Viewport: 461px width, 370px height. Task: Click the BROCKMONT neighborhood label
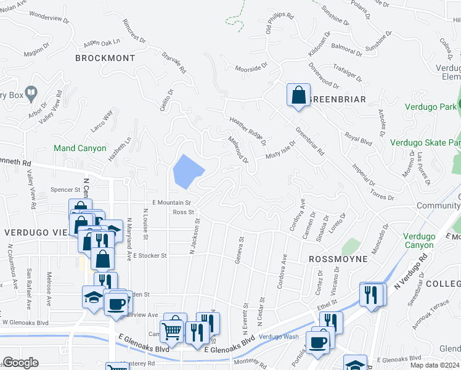[105, 58]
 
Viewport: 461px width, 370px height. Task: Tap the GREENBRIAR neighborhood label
[338, 99]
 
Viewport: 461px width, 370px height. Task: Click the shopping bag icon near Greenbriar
[298, 96]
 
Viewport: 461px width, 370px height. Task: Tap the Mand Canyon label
[80, 149]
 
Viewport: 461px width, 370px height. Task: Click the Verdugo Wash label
[279, 337]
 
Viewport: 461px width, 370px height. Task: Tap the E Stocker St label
[150, 255]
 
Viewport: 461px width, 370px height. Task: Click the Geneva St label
[239, 249]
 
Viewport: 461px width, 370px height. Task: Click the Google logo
[20, 363]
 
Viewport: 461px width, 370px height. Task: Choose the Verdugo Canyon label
[419, 241]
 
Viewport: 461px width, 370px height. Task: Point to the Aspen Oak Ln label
[102, 43]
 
